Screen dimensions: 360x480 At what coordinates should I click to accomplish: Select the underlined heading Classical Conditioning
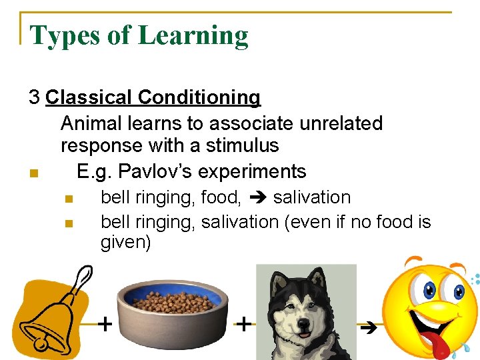pyautogui.click(x=153, y=98)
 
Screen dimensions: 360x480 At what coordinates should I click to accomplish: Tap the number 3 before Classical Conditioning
pyautogui.click(x=34, y=98)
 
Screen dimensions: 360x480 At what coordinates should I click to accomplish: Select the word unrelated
pyautogui.click(x=343, y=123)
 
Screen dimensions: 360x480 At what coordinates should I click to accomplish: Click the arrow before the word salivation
pyautogui.click(x=258, y=198)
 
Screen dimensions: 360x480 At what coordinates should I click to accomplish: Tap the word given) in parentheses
pyautogui.click(x=125, y=242)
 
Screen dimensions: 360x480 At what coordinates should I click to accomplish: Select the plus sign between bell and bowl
pyautogui.click(x=105, y=325)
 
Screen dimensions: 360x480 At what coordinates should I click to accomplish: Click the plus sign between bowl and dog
pyautogui.click(x=245, y=325)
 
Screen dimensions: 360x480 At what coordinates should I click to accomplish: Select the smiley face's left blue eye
pyautogui.click(x=428, y=290)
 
